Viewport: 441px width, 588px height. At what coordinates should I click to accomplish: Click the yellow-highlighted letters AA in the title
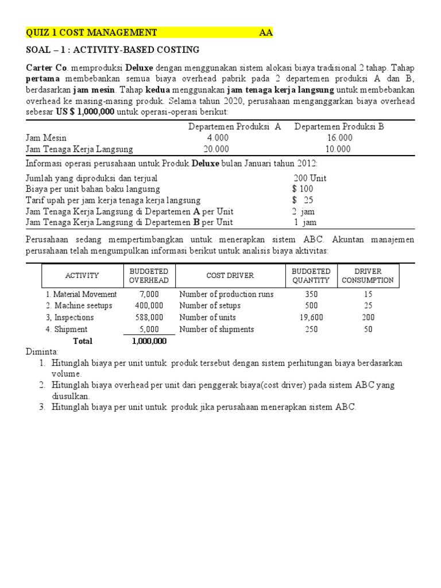coord(266,33)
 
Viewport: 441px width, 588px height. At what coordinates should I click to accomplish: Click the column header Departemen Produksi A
coord(234,127)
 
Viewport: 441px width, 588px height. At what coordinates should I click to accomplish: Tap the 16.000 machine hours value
coord(339,138)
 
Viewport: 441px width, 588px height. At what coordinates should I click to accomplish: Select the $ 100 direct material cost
coord(303,189)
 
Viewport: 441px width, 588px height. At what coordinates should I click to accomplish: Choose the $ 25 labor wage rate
coord(303,200)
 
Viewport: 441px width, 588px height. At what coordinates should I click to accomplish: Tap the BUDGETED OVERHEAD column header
coord(149,276)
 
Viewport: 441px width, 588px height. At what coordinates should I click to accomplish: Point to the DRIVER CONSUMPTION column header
coord(367,276)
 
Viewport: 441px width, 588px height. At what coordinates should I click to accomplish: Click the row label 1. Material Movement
coord(81,294)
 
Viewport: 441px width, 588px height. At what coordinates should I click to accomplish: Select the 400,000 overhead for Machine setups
coord(149,305)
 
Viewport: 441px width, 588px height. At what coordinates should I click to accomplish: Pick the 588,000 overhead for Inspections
coord(149,318)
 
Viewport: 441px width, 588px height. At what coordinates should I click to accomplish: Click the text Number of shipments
coord(217,329)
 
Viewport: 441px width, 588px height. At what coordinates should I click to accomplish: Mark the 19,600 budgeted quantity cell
coord(311,318)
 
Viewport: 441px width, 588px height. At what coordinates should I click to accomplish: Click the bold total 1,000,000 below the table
coord(149,341)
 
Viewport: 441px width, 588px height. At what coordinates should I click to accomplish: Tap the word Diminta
coord(41,351)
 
